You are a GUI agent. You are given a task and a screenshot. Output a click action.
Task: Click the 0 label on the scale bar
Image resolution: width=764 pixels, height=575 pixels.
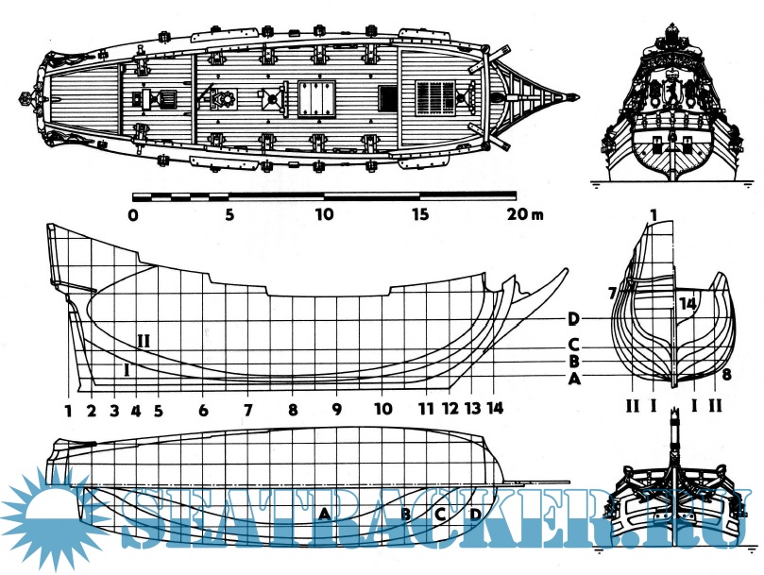(x=133, y=215)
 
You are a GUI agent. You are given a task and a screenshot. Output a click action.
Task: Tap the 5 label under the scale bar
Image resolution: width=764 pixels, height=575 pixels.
(x=229, y=215)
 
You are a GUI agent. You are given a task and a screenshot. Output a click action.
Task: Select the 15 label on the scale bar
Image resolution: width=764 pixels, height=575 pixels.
(x=420, y=215)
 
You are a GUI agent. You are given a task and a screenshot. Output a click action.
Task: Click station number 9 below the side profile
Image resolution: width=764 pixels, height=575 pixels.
(x=336, y=411)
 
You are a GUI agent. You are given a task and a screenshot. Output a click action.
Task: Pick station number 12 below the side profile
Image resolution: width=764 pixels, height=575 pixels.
(x=450, y=411)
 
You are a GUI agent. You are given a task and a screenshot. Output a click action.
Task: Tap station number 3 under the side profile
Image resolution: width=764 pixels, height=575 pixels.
(x=114, y=411)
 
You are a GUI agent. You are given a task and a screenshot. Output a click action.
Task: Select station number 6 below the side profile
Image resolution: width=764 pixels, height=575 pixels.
(x=203, y=411)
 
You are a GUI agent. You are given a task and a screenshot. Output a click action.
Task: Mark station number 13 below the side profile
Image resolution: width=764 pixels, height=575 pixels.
(x=473, y=411)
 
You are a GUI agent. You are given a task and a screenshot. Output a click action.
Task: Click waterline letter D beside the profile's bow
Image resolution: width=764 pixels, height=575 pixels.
(x=573, y=318)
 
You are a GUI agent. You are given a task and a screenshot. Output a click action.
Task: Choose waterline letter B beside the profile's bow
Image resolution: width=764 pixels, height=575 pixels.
(x=573, y=362)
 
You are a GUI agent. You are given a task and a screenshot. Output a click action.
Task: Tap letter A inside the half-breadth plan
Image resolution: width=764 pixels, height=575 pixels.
(x=324, y=513)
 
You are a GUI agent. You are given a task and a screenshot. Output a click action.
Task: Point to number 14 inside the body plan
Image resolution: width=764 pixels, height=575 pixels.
(x=687, y=304)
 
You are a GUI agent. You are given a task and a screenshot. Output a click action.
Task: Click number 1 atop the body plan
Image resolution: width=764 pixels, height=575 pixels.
(x=654, y=216)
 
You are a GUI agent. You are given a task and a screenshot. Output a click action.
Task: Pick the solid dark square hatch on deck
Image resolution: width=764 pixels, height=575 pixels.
(x=386, y=97)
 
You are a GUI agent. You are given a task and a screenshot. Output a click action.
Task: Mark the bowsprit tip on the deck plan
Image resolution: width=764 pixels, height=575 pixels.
(x=575, y=95)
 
